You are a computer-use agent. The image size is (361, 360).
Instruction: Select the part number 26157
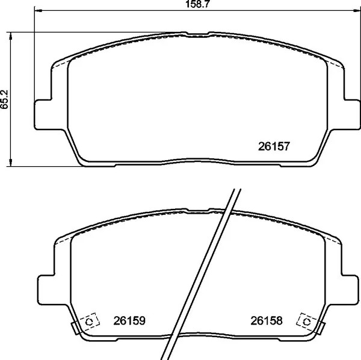pyautogui.click(x=274, y=146)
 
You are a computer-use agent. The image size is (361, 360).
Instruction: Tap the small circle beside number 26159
pyautogui.click(x=89, y=322)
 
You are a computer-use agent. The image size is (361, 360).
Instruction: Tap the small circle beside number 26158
pyautogui.click(x=307, y=322)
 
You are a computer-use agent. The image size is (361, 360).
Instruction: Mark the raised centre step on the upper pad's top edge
pyautogui.click(x=197, y=34)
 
